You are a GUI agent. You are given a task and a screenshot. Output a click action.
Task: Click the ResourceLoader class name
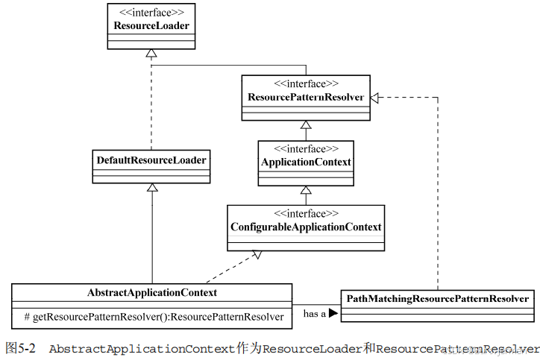pos(151,26)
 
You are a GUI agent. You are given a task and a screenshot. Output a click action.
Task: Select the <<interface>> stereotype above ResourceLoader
pos(151,13)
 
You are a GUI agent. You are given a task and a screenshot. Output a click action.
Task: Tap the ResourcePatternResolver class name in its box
pos(305,97)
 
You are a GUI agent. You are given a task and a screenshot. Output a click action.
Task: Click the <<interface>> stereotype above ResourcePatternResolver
pos(306,83)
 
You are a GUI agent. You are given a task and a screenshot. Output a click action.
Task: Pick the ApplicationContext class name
pos(306,162)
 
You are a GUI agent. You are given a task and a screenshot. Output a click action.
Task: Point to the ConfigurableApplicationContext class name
pos(306,227)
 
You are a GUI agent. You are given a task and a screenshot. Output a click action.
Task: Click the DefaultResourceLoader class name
pos(151,159)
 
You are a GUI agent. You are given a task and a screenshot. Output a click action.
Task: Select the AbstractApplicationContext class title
pos(152,291)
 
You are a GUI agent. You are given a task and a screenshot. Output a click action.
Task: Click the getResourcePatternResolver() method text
pos(154,317)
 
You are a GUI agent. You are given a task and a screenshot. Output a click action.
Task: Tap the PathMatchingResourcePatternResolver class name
pos(438,298)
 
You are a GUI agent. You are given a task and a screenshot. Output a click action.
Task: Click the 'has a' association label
pos(314,314)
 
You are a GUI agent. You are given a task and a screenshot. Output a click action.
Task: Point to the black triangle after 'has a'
pos(333,314)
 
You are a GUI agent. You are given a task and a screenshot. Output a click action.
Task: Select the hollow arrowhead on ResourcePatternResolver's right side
pos(376,97)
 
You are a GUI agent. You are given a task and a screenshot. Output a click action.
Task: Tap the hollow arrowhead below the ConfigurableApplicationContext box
pos(257,255)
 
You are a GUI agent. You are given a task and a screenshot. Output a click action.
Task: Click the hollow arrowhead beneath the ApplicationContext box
pos(306,190)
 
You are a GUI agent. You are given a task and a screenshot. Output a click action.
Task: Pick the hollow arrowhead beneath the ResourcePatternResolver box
pos(306,125)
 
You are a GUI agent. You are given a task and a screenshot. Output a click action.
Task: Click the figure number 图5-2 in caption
pos(20,348)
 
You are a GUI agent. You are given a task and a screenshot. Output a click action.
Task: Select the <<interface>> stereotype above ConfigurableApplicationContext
pos(306,213)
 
